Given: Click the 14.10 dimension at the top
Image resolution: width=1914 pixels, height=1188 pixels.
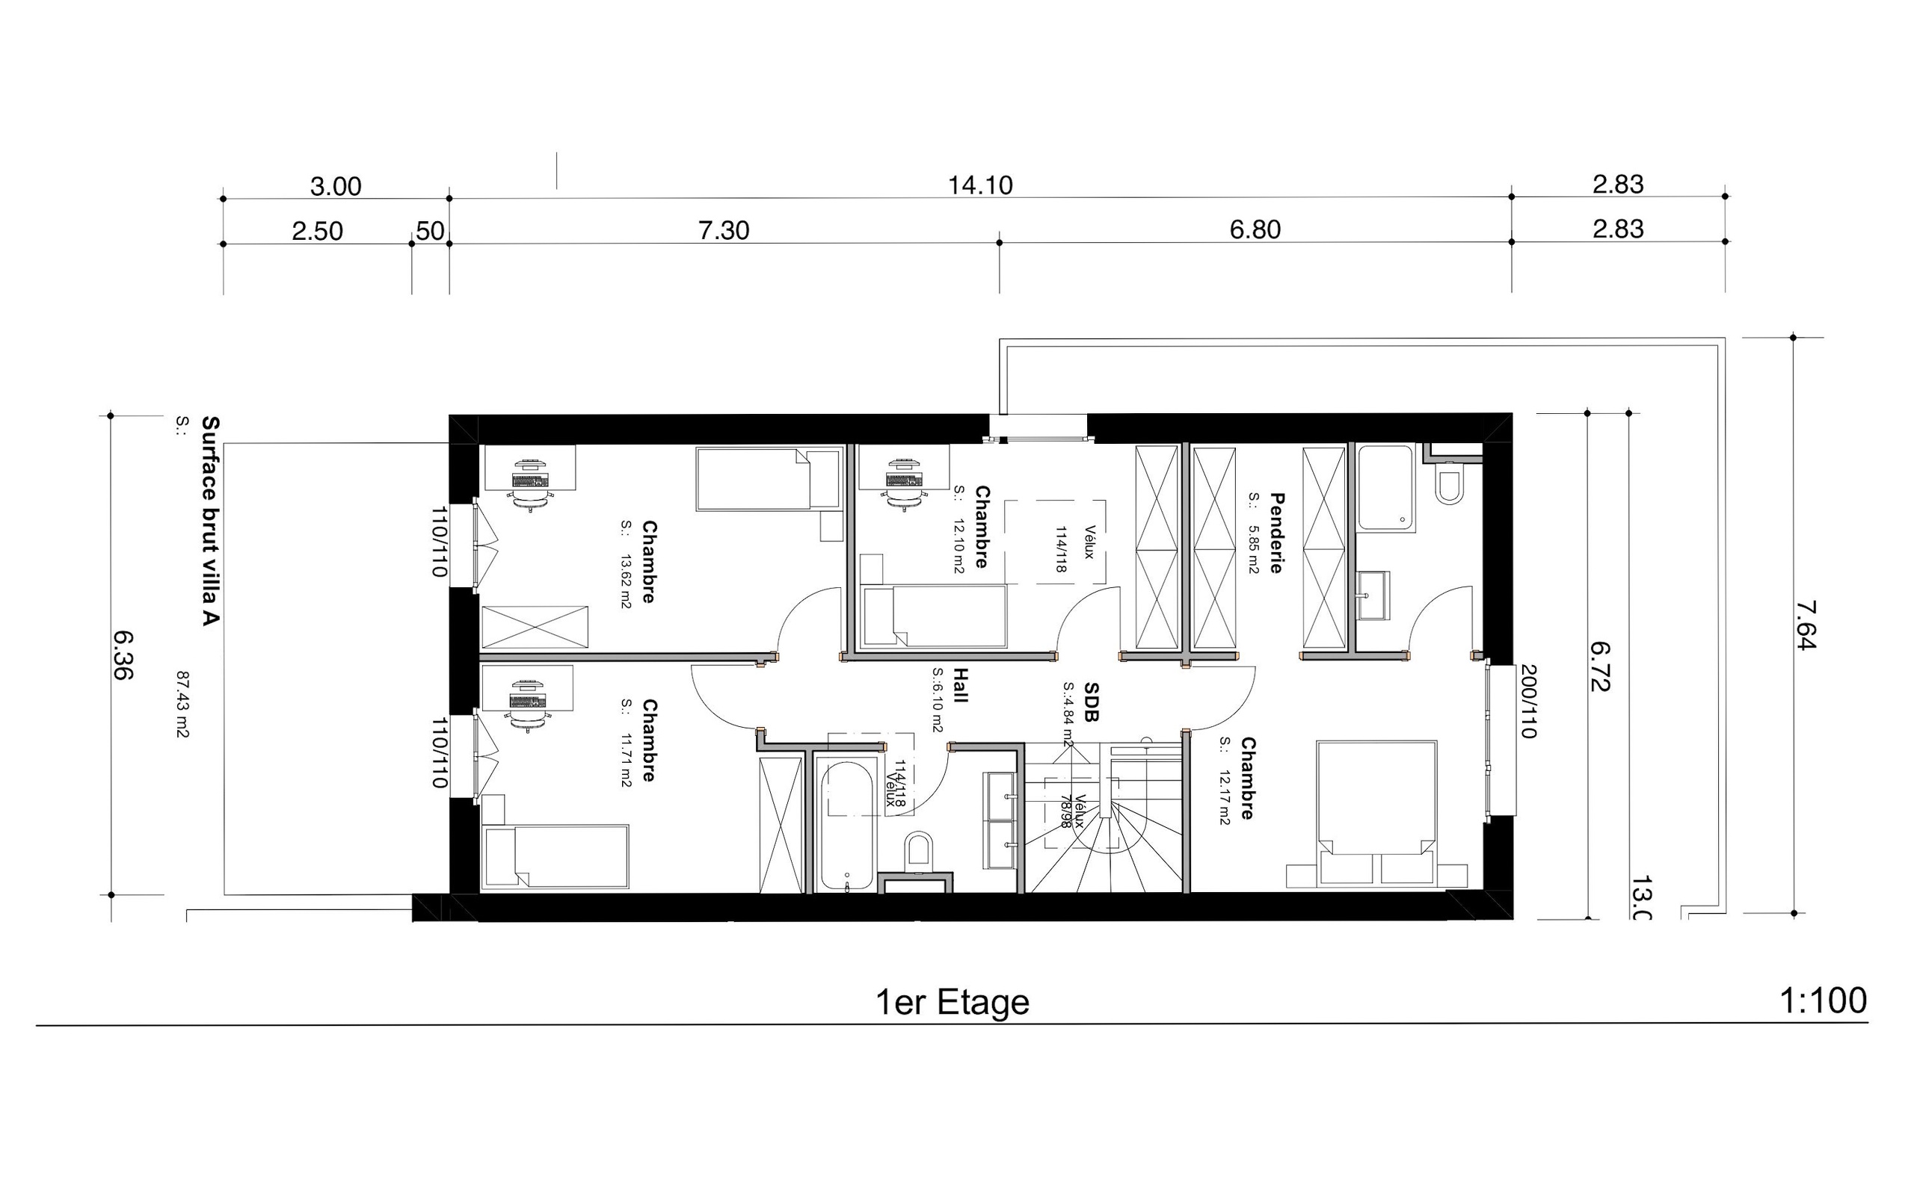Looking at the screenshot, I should coord(979,185).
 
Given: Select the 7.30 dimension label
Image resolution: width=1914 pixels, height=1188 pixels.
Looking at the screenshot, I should coord(723,230).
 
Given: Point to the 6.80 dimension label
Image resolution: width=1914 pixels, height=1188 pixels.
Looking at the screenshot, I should coord(1255,229).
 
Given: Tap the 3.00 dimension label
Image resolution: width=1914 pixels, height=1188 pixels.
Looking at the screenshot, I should coord(336,186).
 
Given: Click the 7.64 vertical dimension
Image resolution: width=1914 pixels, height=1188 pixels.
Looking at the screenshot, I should coord(1806,625).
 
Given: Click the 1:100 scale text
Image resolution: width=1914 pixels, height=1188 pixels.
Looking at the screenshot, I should coord(1822,1001).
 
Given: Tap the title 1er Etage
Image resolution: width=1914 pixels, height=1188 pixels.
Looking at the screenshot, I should coord(952,1003).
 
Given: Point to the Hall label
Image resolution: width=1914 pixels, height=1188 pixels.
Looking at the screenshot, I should coord(960,685).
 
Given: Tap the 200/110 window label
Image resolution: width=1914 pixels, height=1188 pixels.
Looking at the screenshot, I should coord(1528,701).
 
